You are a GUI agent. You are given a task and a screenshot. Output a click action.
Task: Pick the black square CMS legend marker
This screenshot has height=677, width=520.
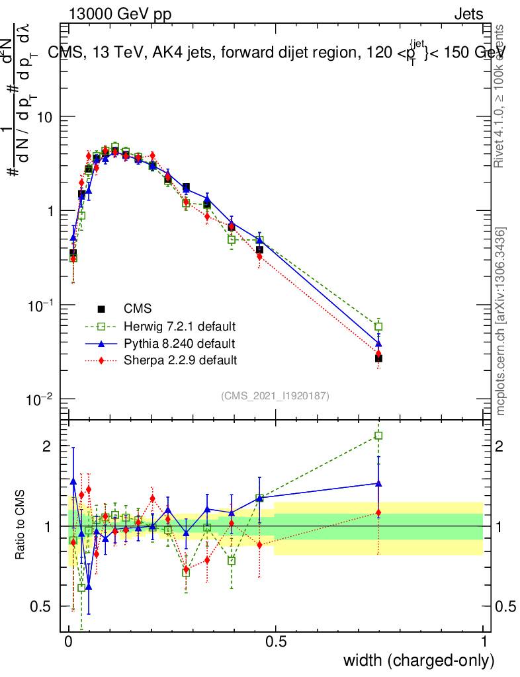101,309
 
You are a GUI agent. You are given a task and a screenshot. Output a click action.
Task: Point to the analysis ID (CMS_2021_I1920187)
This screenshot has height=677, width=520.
275,396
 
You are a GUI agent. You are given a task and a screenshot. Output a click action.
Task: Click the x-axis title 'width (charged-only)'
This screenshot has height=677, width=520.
418,660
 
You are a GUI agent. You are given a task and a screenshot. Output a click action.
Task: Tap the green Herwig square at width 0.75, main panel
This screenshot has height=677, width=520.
378,327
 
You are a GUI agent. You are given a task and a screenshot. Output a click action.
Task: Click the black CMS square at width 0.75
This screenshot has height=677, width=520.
378,358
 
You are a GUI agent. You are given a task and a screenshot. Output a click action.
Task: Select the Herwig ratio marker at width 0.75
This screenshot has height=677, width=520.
378,435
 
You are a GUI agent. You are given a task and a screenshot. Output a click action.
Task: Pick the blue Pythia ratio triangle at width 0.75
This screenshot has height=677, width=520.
378,483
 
